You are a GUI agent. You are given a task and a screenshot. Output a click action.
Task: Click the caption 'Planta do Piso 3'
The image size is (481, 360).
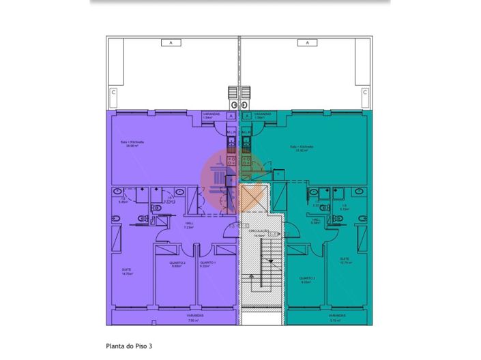(x=129, y=346)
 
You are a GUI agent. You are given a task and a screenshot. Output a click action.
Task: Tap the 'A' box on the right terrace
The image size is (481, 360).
(x=308, y=42)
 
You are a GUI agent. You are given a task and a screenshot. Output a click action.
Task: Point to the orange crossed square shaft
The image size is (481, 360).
(x=253, y=198)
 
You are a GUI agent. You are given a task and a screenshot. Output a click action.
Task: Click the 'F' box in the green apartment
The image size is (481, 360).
(x=278, y=175)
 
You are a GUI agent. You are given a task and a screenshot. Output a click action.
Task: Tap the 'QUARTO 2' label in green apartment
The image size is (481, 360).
(x=306, y=279)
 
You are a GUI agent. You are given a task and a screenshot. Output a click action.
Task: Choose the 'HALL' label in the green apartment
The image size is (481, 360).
(x=317, y=220)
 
